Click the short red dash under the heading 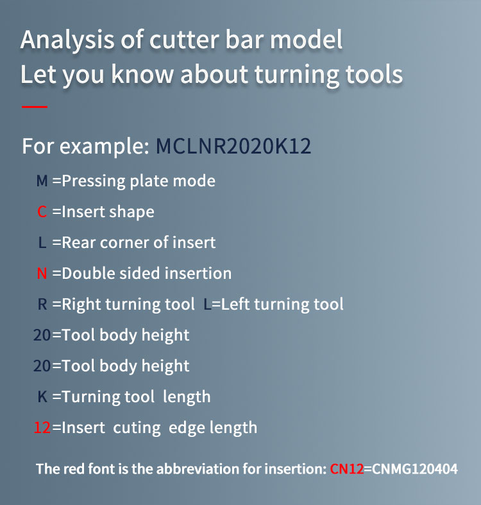[35, 106]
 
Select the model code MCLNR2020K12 [233, 146]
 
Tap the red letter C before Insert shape [42, 211]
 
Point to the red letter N [42, 273]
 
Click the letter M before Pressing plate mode [42, 181]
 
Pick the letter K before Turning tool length [43, 396]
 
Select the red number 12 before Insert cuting [42, 427]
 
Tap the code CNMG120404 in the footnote [415, 469]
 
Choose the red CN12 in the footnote [347, 469]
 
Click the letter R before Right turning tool [42, 304]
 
